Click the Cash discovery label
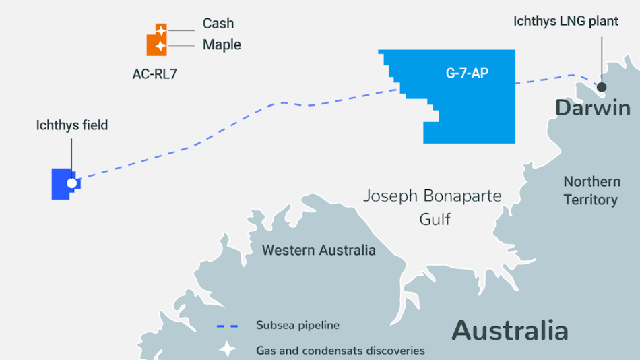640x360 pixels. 218,24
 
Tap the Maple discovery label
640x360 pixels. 222,45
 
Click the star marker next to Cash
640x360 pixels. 161,30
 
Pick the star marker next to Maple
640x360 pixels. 159,47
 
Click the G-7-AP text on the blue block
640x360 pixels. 467,73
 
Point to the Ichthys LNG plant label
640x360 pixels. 565,22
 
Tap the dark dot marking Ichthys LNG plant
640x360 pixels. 601,87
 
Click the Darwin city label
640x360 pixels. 592,108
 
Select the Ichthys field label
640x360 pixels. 72,125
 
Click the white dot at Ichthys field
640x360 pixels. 72,183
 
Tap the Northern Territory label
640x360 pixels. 591,191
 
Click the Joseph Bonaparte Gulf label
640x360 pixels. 433,207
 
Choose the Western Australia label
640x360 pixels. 319,250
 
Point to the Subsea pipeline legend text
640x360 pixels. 297,326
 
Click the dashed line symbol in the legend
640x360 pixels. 227,326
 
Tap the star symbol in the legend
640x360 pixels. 227,350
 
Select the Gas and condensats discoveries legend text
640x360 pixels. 340,351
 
